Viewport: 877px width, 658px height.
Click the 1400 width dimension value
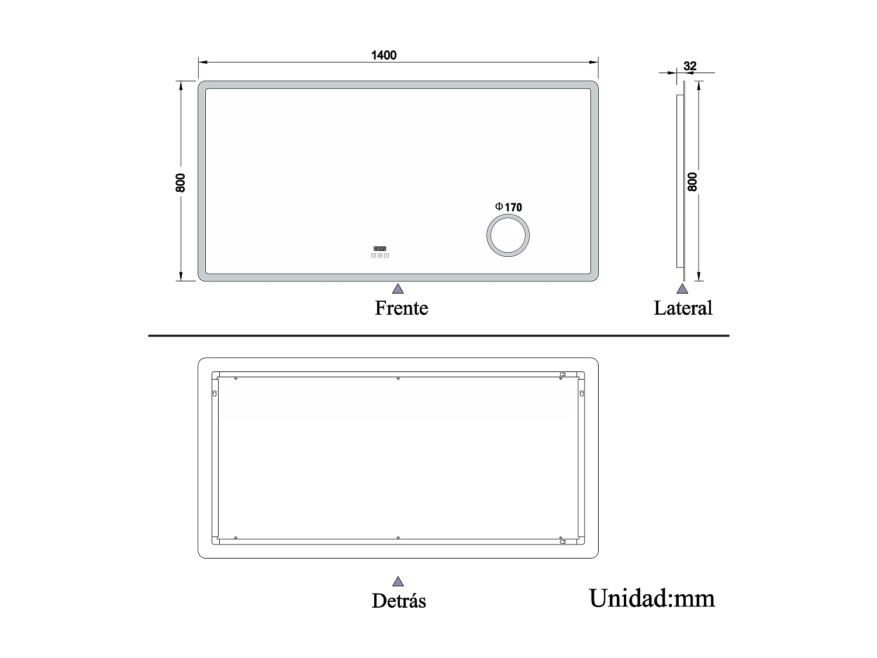tap(384, 56)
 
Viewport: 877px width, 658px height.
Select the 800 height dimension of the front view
tap(180, 182)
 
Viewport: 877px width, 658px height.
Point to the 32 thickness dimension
tap(690, 66)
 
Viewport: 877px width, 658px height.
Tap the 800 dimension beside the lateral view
tap(693, 182)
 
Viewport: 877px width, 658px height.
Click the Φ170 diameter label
tap(509, 207)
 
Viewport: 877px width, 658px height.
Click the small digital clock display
tap(380, 249)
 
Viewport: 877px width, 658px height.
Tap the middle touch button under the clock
tap(380, 256)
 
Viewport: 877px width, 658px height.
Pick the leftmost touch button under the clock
tap(374, 256)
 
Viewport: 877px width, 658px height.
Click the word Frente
tap(401, 308)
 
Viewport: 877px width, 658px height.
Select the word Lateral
tap(682, 308)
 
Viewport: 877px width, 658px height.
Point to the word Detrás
tap(399, 601)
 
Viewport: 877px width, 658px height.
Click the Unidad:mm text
tap(651, 598)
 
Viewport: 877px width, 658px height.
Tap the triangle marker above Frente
tap(398, 288)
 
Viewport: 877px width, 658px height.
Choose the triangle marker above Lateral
tap(682, 288)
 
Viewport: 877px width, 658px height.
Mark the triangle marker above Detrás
tap(398, 581)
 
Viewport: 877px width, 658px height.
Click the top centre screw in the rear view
tap(398, 378)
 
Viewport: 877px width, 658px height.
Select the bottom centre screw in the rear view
tap(398, 538)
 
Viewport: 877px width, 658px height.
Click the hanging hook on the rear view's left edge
tap(215, 394)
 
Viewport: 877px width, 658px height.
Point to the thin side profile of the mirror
tap(679, 181)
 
